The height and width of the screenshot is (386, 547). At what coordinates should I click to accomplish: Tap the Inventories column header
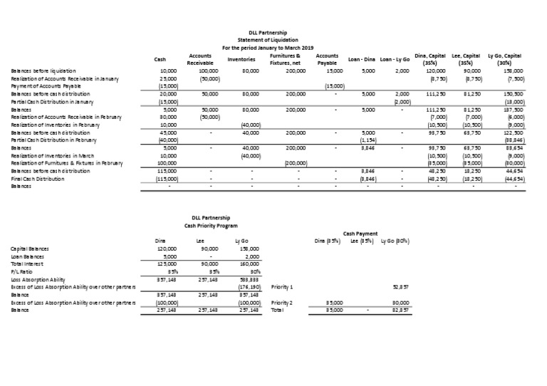pyautogui.click(x=241, y=59)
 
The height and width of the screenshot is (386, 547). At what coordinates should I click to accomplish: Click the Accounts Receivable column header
pyautogui.click(x=200, y=59)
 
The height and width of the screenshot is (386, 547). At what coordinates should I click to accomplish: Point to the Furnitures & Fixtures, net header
pyautogui.click(x=288, y=59)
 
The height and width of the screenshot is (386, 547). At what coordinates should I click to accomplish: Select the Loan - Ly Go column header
pyautogui.click(x=395, y=59)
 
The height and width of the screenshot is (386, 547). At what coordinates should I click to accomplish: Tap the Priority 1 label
pyautogui.click(x=282, y=288)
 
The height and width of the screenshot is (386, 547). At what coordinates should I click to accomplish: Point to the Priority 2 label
pyautogui.click(x=282, y=302)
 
